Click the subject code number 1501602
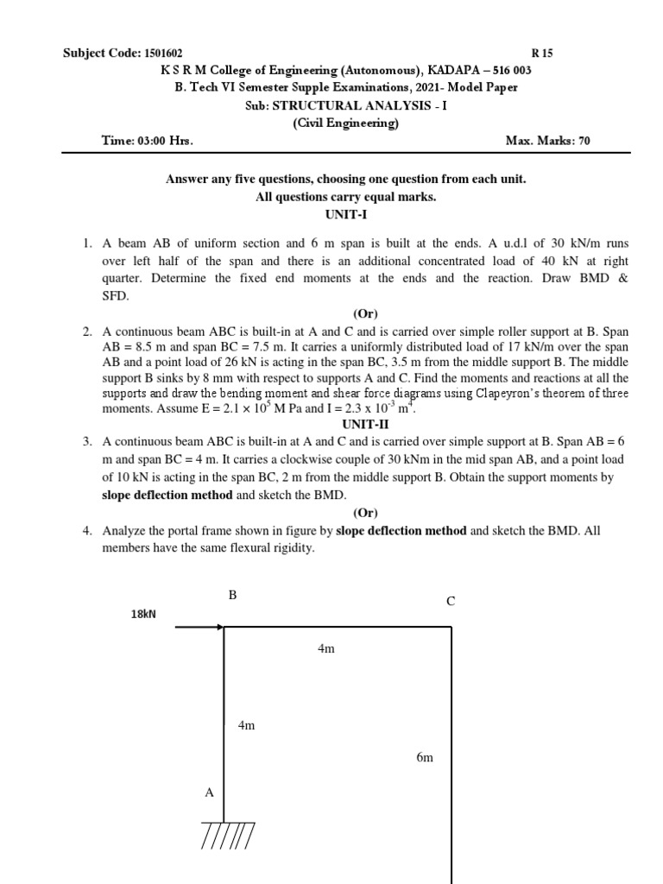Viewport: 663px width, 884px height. tap(162, 54)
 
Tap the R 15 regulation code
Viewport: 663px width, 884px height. tap(544, 54)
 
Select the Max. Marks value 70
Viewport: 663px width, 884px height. tap(584, 141)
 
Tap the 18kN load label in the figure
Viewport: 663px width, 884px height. tap(142, 614)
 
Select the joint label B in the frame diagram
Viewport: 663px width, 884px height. tap(232, 595)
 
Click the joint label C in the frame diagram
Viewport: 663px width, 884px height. tap(450, 602)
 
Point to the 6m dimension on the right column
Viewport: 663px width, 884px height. tap(424, 758)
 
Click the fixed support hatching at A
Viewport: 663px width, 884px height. tap(227, 836)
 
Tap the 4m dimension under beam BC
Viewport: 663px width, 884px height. tap(325, 648)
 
